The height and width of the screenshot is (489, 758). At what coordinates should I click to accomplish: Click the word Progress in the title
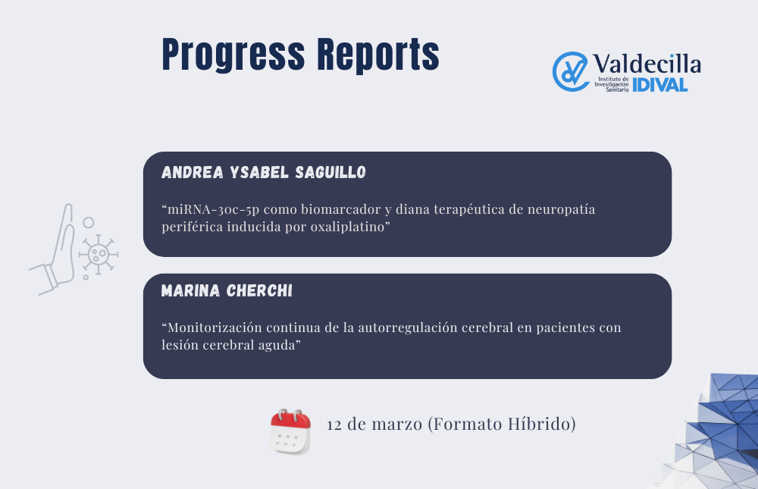click(233, 55)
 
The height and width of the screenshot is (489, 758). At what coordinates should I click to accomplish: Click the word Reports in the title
click(378, 55)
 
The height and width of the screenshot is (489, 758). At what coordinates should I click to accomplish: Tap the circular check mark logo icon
click(571, 71)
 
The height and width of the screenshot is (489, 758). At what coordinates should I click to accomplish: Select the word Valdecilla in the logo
click(647, 64)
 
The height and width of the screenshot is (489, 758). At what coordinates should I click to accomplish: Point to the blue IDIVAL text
click(660, 85)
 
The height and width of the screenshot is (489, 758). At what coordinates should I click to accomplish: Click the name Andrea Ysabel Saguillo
click(264, 172)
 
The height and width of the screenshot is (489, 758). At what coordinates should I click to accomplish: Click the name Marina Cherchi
click(227, 290)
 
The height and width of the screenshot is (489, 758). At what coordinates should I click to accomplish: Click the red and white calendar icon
click(290, 431)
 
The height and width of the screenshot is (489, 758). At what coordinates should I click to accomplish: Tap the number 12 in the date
click(334, 425)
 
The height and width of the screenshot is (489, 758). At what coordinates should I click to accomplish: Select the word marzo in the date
click(397, 425)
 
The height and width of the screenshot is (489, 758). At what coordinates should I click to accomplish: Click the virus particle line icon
click(98, 254)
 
